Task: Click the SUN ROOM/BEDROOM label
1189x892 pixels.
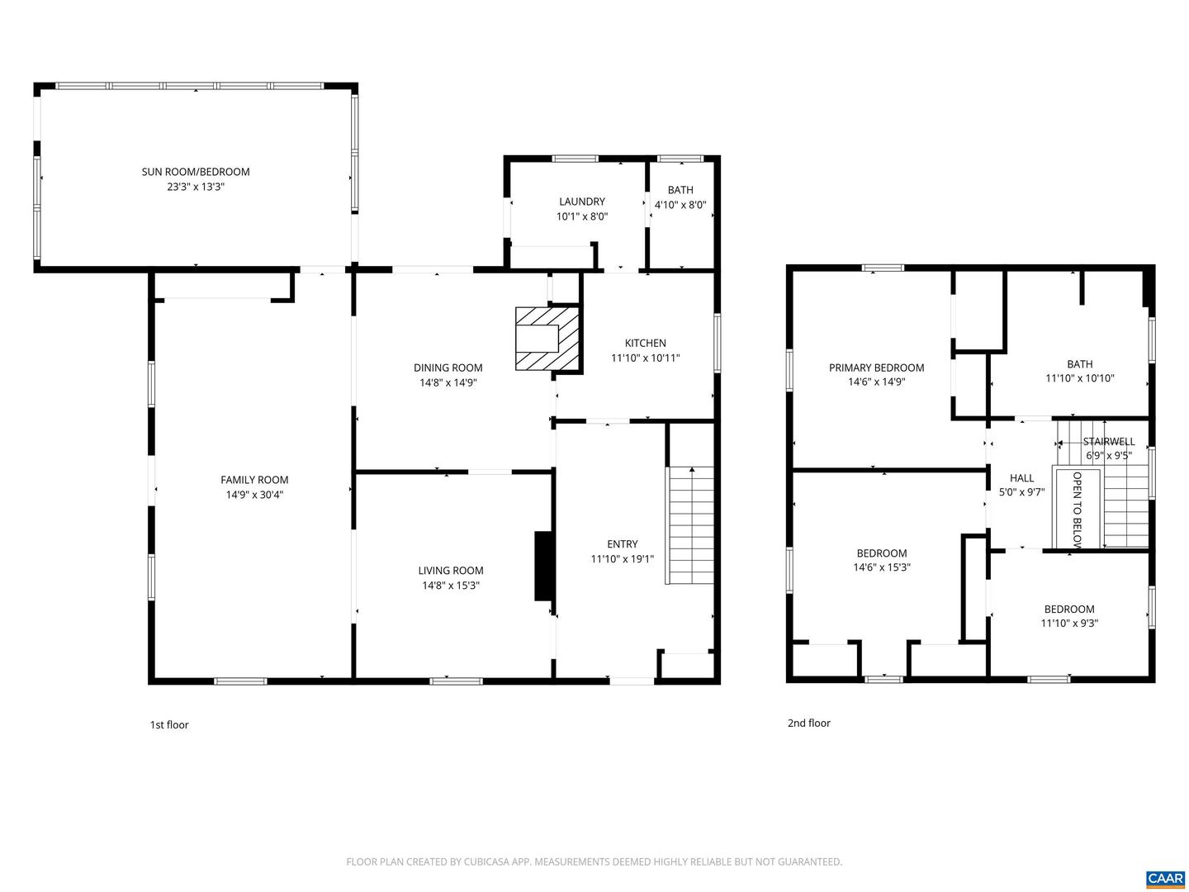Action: (x=195, y=172)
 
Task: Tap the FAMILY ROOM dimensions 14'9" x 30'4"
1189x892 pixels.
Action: (x=254, y=495)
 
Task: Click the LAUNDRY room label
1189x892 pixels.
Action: (x=581, y=202)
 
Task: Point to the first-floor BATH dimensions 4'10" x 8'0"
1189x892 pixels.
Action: (x=680, y=205)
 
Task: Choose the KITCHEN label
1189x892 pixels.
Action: (x=645, y=343)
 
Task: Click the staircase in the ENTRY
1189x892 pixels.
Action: (x=690, y=525)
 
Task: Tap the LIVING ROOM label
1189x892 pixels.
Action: (x=450, y=570)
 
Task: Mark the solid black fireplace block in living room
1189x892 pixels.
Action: (x=544, y=566)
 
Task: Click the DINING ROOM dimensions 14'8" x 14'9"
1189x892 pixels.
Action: (x=448, y=382)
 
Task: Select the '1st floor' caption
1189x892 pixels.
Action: (x=169, y=724)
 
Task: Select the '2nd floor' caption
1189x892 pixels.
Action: (x=808, y=723)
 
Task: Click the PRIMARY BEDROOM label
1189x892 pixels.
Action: (x=876, y=368)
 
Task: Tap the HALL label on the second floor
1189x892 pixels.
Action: (x=1021, y=477)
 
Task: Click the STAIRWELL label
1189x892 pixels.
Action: (x=1108, y=441)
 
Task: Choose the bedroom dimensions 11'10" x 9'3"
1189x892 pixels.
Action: (x=1069, y=624)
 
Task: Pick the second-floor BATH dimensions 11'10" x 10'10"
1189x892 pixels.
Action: (x=1080, y=378)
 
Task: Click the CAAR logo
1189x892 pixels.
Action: (x=1164, y=877)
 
